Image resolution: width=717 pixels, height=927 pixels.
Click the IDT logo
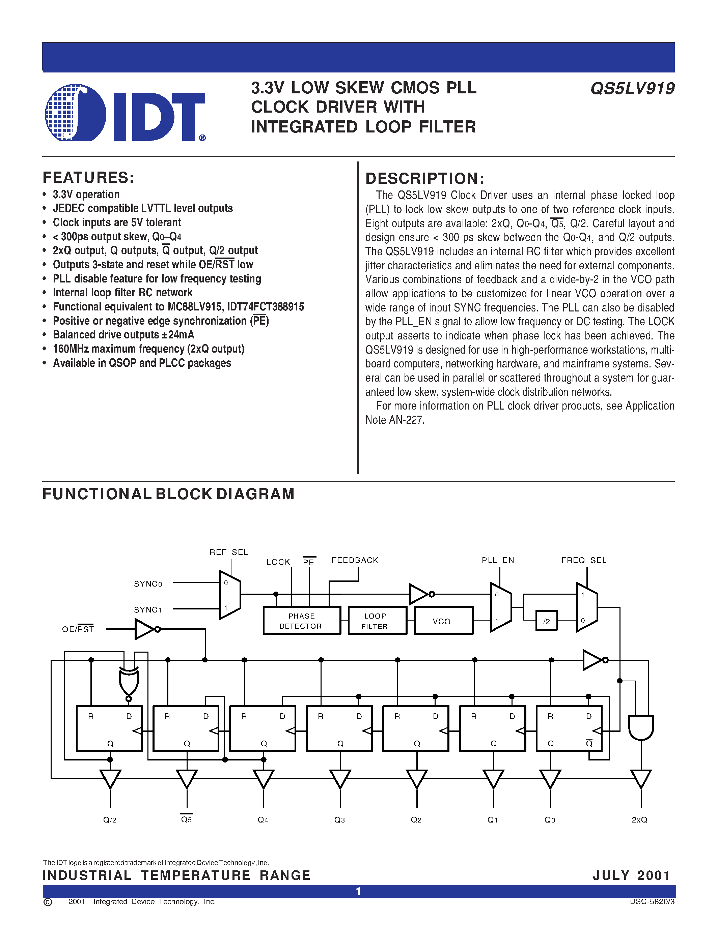coord(125,113)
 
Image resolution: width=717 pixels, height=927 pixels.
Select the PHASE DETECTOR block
coord(302,621)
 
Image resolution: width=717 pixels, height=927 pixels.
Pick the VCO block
coord(443,621)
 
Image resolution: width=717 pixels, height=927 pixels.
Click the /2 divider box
coord(546,621)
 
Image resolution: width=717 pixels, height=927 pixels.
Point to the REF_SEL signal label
coord(228,552)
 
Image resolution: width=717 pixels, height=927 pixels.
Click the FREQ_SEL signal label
coord(584,560)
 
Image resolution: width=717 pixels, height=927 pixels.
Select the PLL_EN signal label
coord(498,560)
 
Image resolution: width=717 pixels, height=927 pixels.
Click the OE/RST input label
coord(78,629)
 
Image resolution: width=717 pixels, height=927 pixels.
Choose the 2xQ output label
coord(639,819)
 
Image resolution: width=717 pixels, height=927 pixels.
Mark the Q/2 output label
coord(110,819)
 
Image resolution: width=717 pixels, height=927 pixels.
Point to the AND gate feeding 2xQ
coord(640,727)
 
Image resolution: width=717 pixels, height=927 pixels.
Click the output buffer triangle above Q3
coord(340,778)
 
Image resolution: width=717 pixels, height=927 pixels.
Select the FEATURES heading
coord(88,177)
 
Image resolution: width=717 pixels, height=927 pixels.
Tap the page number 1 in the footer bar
coord(358,891)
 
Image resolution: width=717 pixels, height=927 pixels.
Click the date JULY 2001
coord(631,875)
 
